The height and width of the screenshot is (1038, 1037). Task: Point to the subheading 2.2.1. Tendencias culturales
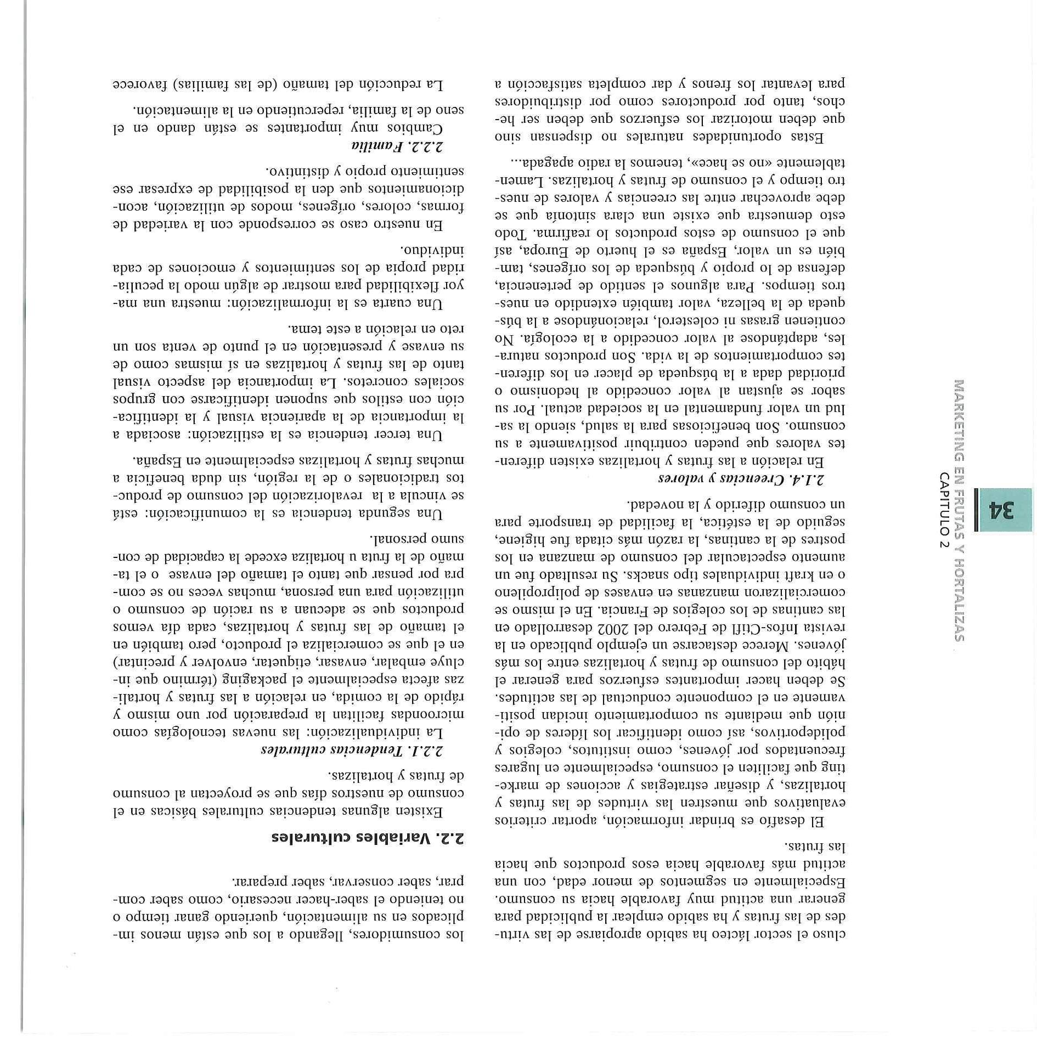coord(352,750)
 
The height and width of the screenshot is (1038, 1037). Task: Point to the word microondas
coord(432,715)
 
